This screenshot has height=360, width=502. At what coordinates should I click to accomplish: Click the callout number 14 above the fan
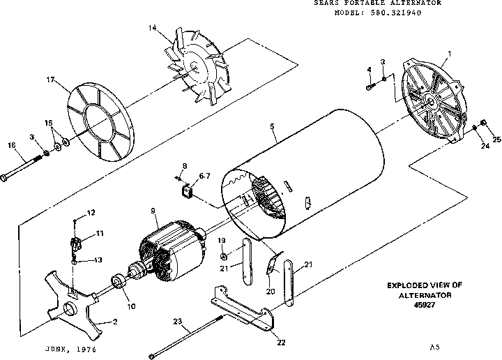pos(151,27)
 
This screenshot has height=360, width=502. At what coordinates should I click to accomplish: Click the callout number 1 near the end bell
pos(450,54)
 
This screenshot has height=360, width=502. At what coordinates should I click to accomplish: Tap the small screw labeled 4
pos(368,87)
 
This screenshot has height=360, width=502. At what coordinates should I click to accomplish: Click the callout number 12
pos(91,212)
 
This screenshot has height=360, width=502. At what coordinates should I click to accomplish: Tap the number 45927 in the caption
pos(423,304)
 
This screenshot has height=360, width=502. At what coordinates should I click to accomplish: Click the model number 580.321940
pos(408,12)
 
